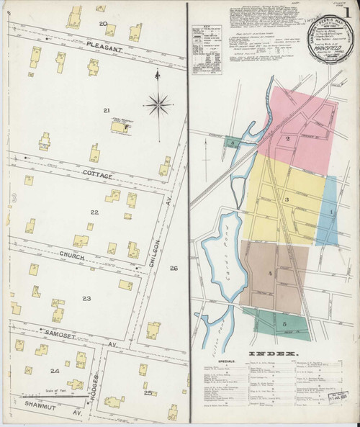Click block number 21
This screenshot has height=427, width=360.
pos(106,110)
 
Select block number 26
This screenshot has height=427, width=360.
pos(173,269)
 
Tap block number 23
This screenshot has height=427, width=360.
pos(86,298)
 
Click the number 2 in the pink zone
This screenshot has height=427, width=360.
pos(287,138)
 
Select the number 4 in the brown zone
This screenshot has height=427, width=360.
pos(271,274)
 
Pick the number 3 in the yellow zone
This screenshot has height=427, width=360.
pos(287,199)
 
